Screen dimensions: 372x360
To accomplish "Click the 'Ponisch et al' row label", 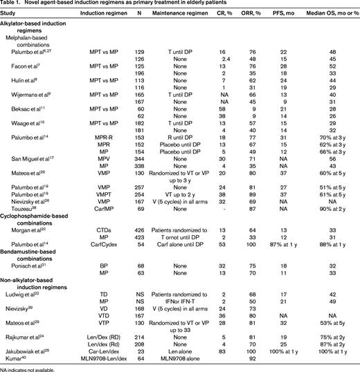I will (x=28, y=283).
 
